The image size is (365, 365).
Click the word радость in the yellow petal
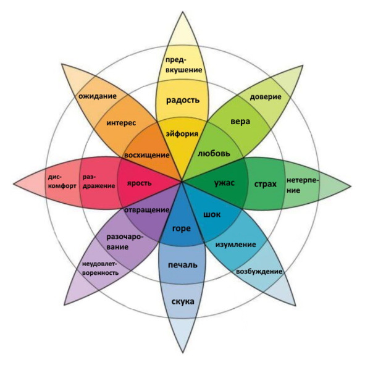tap(183, 100)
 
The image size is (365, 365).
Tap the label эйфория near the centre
tap(182, 134)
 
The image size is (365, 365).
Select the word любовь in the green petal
tap(214, 153)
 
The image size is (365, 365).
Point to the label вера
tap(240, 122)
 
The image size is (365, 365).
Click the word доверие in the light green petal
tap(266, 97)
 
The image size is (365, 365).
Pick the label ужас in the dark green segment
tap(224, 183)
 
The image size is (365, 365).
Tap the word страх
tap(265, 184)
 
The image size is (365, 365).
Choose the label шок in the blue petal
tap(212, 214)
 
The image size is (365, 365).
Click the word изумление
tap(235, 245)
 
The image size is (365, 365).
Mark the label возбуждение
tap(259, 271)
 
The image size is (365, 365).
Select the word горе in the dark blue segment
tap(182, 229)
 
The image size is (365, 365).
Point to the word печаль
tap(183, 265)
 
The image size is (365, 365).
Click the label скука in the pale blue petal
tap(183, 301)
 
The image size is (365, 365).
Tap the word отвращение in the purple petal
tap(146, 210)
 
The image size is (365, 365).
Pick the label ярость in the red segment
tap(139, 183)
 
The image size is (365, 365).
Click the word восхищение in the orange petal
tap(146, 155)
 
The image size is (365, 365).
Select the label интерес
tap(121, 123)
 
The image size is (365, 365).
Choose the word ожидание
tap(98, 96)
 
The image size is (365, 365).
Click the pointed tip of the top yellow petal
tap(183, 12)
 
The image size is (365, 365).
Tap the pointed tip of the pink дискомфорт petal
tap(14, 184)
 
